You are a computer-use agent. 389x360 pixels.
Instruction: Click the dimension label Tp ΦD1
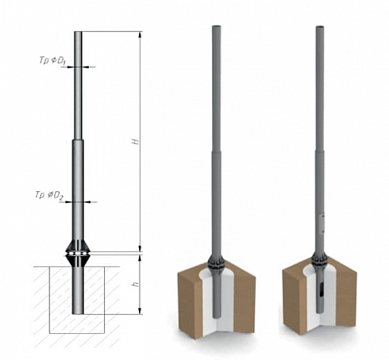(x=53, y=61)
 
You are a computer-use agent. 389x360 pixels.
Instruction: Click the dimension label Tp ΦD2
(x=49, y=195)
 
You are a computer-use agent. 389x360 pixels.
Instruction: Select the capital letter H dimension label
(x=136, y=141)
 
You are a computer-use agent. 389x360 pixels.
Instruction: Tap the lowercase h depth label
(x=136, y=285)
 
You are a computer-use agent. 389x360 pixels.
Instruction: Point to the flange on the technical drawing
(x=78, y=254)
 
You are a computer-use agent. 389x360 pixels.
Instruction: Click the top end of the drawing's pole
(x=78, y=32)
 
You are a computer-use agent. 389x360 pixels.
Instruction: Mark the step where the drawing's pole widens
(x=78, y=140)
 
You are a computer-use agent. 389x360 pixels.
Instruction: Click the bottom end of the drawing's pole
(x=78, y=313)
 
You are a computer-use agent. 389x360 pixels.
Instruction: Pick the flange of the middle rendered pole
(x=216, y=263)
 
